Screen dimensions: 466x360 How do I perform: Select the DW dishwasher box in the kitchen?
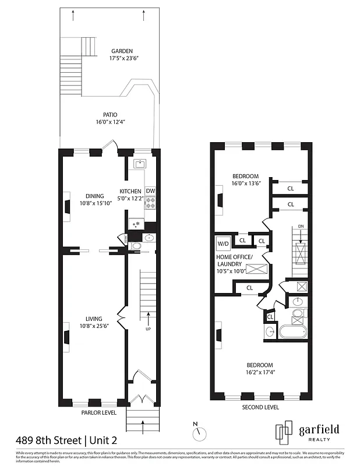pyautogui.click(x=150, y=191)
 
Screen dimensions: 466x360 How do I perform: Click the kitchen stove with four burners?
pyautogui.click(x=150, y=203)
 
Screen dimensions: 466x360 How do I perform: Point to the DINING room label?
pyautogui.click(x=94, y=196)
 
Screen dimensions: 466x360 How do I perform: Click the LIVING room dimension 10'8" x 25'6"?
pyautogui.click(x=94, y=326)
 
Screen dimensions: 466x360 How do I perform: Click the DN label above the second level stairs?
pyautogui.click(x=301, y=227)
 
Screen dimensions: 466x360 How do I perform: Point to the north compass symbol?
pyautogui.click(x=201, y=433)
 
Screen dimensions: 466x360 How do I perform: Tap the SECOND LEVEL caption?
pyautogui.click(x=260, y=407)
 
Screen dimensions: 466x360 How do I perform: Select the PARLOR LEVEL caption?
pyautogui.click(x=98, y=412)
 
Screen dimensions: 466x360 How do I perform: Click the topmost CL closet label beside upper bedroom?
pyautogui.click(x=290, y=188)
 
